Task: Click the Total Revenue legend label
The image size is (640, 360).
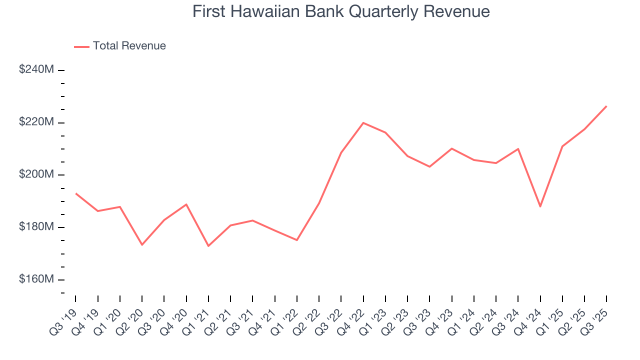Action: click(x=129, y=46)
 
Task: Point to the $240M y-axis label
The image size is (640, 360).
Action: click(x=36, y=70)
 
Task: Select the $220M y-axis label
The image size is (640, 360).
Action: click(x=36, y=122)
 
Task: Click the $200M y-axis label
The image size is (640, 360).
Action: click(x=36, y=175)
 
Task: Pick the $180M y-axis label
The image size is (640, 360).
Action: click(x=36, y=227)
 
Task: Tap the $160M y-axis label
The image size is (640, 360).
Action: click(x=36, y=279)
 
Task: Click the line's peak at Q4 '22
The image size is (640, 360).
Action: click(x=363, y=122)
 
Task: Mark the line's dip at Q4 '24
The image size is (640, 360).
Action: click(x=540, y=206)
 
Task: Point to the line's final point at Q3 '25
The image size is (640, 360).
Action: click(x=606, y=106)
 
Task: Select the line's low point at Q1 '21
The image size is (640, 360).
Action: click(x=208, y=246)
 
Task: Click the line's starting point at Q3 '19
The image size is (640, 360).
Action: click(x=75, y=193)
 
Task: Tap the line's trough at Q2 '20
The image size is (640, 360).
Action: click(x=142, y=244)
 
